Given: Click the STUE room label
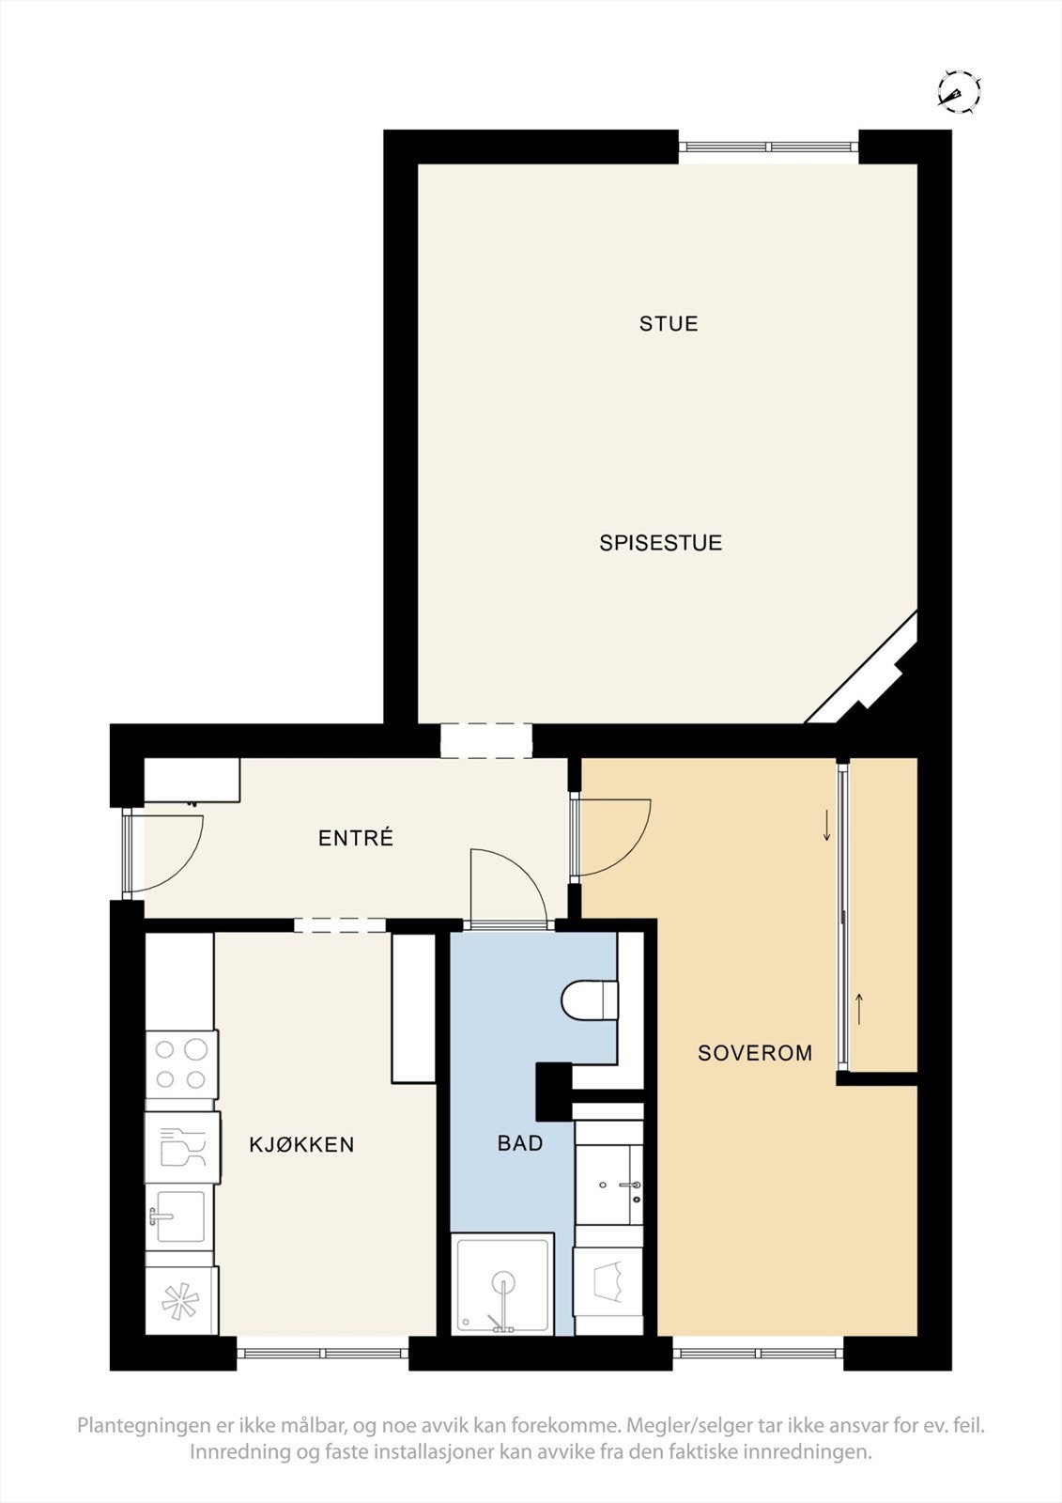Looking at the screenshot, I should coord(669,324).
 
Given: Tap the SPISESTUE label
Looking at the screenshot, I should coord(660,543).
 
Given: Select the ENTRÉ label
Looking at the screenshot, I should coord(355,838).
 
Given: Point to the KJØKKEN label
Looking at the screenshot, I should coord(301,1144).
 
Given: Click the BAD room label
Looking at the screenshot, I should coord(520,1143).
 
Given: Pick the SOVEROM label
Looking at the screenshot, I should coord(755,1053).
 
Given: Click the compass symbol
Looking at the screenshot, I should coord(958,92).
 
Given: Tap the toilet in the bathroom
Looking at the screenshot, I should coord(590,999).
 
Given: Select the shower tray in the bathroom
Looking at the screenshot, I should coord(502,1285).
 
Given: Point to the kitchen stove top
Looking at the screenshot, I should coord(182,1064).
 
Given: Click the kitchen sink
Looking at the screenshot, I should coord(180,1217).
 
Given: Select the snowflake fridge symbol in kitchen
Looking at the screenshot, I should coord(181,1301).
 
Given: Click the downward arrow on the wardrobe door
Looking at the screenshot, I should coord(826,826).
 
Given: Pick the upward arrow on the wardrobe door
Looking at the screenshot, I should coord(859,1009).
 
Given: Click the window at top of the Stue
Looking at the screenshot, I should coord(769,147).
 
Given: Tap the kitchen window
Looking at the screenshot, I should coord(322,1354).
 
